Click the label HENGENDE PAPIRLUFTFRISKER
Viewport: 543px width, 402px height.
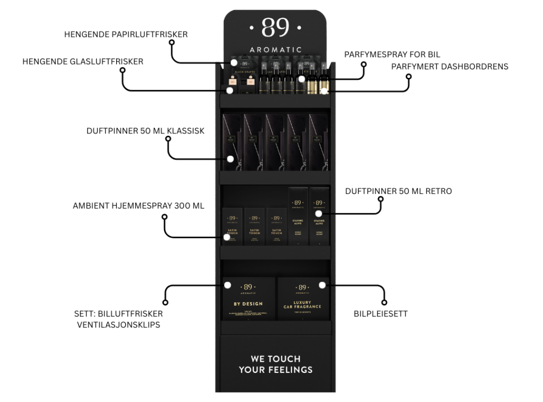coord(126,34)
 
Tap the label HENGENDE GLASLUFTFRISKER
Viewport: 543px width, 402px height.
coord(83,62)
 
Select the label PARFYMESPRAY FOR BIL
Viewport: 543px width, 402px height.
coord(392,55)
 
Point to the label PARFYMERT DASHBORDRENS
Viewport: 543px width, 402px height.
coord(450,66)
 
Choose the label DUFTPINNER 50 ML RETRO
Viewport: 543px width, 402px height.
coord(398,191)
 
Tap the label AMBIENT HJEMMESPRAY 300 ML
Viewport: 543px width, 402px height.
coord(138,206)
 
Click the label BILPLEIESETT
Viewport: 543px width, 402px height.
coord(380,314)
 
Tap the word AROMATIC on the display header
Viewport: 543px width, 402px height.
coord(275,50)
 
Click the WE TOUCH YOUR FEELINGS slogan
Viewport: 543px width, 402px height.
coord(275,364)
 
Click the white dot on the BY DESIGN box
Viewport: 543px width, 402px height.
coord(227,285)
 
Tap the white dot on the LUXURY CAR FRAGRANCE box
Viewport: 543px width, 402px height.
coord(322,285)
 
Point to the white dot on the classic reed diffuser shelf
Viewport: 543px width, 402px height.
coord(231,158)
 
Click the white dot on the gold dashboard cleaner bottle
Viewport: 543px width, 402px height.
coord(324,91)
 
